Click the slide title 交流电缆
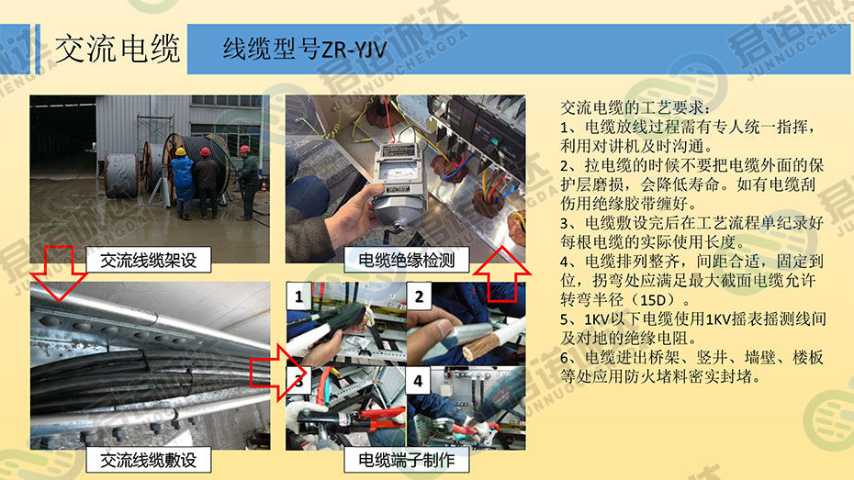click(118, 49)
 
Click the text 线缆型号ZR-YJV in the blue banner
click(305, 49)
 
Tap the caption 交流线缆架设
click(148, 260)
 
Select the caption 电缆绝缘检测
click(406, 260)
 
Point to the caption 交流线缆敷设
click(148, 461)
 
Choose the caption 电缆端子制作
click(406, 461)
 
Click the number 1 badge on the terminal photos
click(298, 296)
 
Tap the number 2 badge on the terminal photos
click(419, 296)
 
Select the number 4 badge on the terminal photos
click(418, 380)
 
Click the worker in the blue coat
click(183, 183)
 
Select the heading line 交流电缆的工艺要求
click(635, 107)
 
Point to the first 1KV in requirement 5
click(597, 318)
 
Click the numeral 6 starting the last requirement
click(565, 358)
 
